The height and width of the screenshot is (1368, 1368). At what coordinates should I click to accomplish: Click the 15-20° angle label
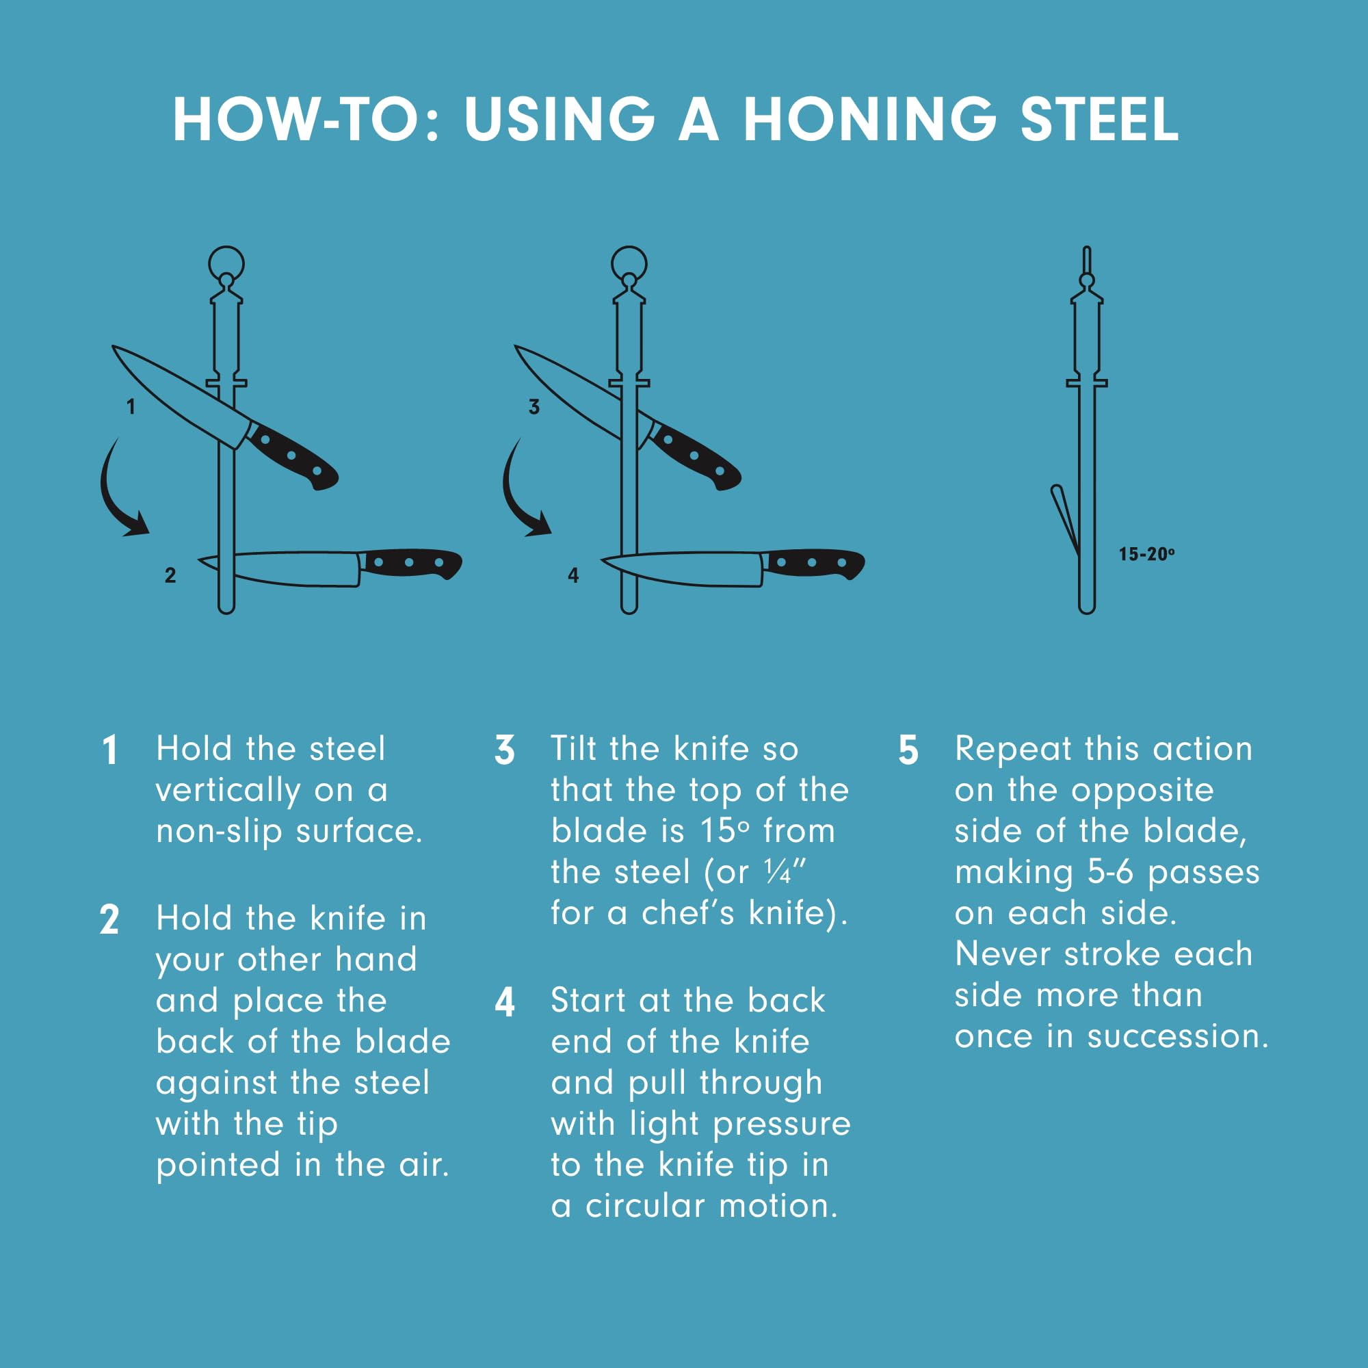[1146, 554]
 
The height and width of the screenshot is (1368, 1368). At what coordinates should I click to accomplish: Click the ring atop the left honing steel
[226, 263]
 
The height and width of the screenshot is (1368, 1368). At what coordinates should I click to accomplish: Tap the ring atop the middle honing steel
[629, 263]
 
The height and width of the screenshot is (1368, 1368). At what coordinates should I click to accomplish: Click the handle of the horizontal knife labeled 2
[410, 563]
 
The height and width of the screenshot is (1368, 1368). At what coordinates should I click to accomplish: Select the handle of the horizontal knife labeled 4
[813, 563]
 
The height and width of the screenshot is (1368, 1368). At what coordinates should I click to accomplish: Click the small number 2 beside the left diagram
[170, 575]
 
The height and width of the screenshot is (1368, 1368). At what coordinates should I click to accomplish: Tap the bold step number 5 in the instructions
[908, 750]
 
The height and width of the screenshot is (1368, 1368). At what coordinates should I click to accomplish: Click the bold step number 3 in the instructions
[504, 750]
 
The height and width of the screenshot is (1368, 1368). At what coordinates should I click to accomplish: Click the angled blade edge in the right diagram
[1065, 521]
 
